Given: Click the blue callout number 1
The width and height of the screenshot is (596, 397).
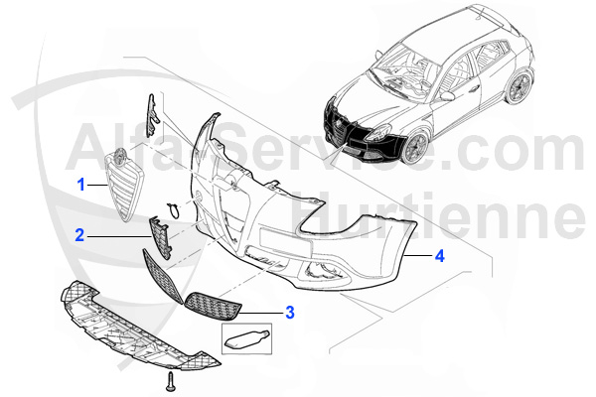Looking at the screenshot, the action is click(81, 185).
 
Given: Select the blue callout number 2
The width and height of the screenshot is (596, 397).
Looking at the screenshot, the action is click(79, 235).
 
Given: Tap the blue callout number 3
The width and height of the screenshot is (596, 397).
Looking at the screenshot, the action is click(290, 313).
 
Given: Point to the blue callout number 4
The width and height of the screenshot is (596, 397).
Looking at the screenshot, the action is click(439, 256).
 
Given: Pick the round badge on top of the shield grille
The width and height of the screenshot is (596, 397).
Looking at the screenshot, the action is click(120, 155).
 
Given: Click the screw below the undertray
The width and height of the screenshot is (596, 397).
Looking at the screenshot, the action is click(170, 381).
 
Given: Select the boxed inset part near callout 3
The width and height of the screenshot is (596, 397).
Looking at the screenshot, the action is click(246, 338).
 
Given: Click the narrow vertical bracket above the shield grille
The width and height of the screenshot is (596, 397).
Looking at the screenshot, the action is click(152, 115).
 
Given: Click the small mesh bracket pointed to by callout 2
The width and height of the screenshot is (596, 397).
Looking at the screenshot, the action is click(160, 236).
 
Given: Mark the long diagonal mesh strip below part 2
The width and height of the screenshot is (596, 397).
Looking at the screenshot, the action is click(162, 276).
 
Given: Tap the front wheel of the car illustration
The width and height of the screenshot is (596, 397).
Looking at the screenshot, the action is click(416, 148).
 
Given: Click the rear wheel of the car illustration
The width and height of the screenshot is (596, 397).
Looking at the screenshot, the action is click(519, 87).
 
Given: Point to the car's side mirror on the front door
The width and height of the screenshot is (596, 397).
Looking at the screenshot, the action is click(447, 95).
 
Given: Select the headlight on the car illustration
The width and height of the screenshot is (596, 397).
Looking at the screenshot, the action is click(378, 133).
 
